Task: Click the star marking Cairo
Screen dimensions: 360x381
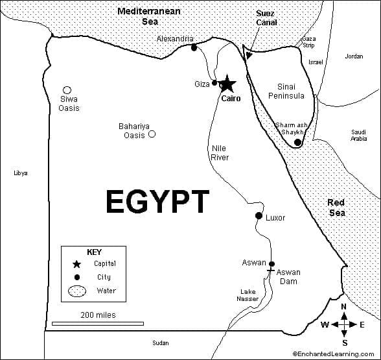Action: [227, 84]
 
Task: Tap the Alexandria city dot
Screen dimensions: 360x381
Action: [194, 47]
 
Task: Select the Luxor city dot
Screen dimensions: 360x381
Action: [259, 216]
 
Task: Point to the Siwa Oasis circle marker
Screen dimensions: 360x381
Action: [67, 90]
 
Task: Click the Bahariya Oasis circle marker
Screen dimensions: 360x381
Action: [152, 134]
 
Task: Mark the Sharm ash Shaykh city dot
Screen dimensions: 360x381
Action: [297, 142]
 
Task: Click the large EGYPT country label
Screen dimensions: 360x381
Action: [157, 202]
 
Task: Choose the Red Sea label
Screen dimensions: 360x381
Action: [336, 208]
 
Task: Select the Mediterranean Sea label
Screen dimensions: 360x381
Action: [149, 16]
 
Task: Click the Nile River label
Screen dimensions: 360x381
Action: [220, 152]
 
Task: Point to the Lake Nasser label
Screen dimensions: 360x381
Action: [247, 295]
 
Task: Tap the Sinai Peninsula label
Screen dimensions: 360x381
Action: [286, 91]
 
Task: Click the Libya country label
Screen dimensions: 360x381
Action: [20, 173]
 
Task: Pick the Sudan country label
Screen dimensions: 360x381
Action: [160, 342]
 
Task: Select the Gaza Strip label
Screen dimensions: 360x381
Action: [309, 42]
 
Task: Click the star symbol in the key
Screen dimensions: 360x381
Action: [76, 264]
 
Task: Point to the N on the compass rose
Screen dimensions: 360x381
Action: [344, 307]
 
